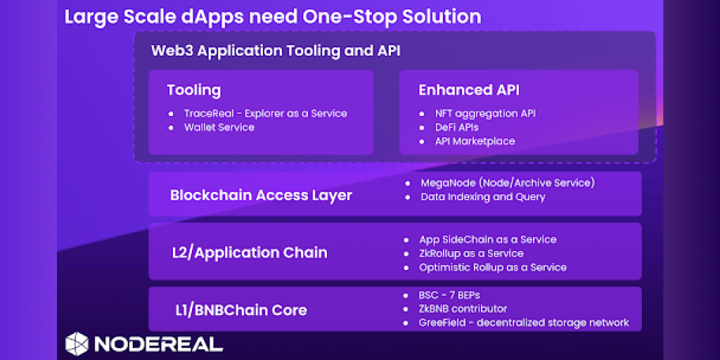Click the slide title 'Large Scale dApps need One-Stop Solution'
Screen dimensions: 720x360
pyautogui.click(x=273, y=17)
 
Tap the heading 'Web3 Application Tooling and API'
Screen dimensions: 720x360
pyautogui.click(x=276, y=51)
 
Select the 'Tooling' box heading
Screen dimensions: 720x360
pyautogui.click(x=194, y=90)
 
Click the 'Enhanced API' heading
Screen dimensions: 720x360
pyautogui.click(x=469, y=90)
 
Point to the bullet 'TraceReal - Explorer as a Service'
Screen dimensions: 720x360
pyautogui.click(x=265, y=113)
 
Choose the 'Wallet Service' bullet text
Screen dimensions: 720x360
pyautogui.click(x=219, y=127)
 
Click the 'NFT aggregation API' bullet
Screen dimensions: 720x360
pyautogui.click(x=485, y=113)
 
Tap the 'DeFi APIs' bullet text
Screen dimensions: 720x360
pyautogui.click(x=457, y=127)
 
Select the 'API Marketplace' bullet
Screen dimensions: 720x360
pyautogui.click(x=475, y=141)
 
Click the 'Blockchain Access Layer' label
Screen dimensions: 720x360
pyautogui.click(x=261, y=195)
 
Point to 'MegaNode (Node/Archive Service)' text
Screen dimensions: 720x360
pyautogui.click(x=508, y=183)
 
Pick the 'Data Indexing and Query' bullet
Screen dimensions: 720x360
pyautogui.click(x=483, y=197)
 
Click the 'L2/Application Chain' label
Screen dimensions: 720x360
pyautogui.click(x=250, y=252)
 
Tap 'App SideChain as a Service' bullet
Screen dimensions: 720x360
pyautogui.click(x=488, y=239)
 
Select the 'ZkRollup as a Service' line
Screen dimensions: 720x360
pyautogui.click(x=471, y=253)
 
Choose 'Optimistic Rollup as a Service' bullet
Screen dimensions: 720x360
pyautogui.click(x=493, y=267)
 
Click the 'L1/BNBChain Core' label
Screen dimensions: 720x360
pyautogui.click(x=241, y=310)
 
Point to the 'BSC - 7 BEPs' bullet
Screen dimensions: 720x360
pyautogui.click(x=449, y=295)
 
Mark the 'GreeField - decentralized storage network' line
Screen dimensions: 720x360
pyautogui.click(x=524, y=322)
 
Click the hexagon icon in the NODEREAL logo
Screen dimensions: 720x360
pyautogui.click(x=77, y=343)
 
